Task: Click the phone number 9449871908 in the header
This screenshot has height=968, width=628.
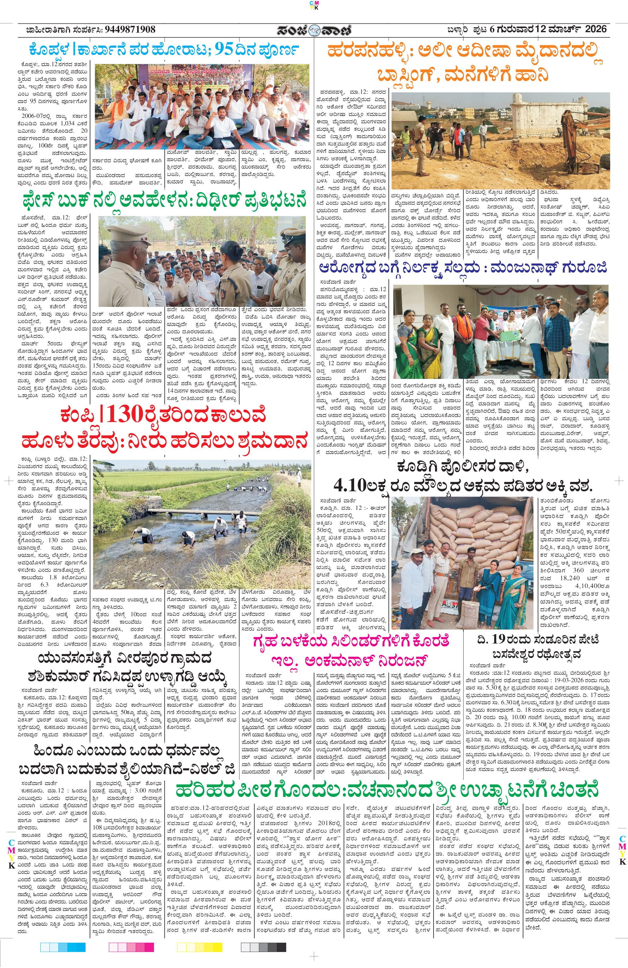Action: (x=130, y=30)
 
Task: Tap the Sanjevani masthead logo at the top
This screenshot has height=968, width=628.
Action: (x=314, y=30)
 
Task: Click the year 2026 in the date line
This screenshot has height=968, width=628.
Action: (x=595, y=29)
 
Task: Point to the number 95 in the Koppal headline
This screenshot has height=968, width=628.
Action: (x=224, y=50)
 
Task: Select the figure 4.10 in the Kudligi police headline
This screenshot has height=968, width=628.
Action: (x=350, y=485)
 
